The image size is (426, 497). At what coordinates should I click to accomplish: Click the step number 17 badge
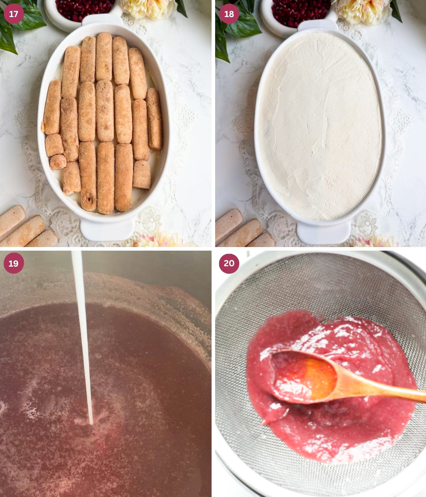(x=14, y=13)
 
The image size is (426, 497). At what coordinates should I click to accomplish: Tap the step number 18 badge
(x=229, y=13)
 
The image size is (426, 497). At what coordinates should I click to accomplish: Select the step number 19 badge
(x=14, y=263)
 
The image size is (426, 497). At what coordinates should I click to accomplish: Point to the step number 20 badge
(x=229, y=263)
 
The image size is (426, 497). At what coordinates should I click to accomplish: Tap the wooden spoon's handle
(x=382, y=387)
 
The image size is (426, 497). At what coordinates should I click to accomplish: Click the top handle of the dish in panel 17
(x=103, y=19)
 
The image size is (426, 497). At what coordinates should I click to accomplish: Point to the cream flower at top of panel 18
(x=364, y=11)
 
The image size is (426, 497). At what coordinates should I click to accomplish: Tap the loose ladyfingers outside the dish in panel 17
(x=26, y=227)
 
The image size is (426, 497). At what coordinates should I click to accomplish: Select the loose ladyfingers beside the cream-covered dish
(x=243, y=230)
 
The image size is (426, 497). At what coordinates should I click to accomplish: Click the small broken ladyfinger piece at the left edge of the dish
(x=58, y=162)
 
